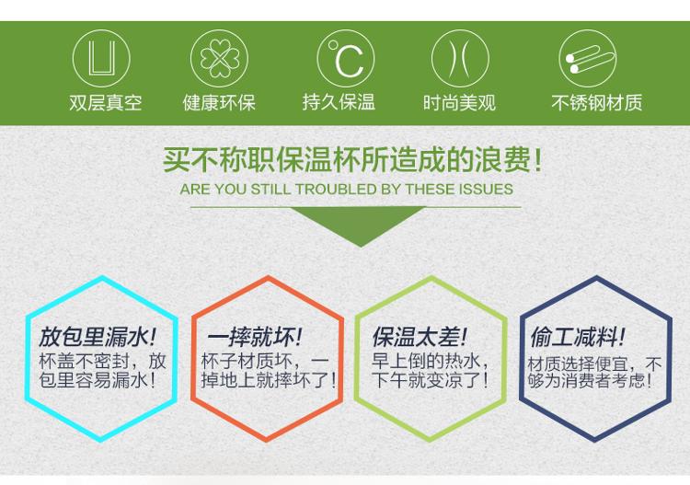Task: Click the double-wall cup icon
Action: click(x=101, y=59)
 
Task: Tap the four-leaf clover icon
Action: click(x=219, y=59)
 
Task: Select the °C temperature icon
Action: click(x=345, y=59)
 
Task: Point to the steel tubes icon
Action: click(x=588, y=59)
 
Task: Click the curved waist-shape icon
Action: click(x=460, y=59)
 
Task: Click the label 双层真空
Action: click(x=106, y=102)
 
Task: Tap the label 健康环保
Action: click(x=219, y=102)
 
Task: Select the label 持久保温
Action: click(x=339, y=102)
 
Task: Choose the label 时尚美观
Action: click(x=459, y=102)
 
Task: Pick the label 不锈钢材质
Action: click(x=597, y=102)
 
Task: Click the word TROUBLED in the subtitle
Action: click(x=336, y=190)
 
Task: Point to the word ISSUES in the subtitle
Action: click(x=486, y=190)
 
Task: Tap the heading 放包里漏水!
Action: click(x=98, y=337)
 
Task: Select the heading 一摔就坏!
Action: click(x=254, y=337)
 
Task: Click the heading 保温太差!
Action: click(x=419, y=337)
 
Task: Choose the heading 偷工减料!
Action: click(x=577, y=337)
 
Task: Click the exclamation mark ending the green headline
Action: click(x=537, y=160)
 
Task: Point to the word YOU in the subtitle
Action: click(x=231, y=190)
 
